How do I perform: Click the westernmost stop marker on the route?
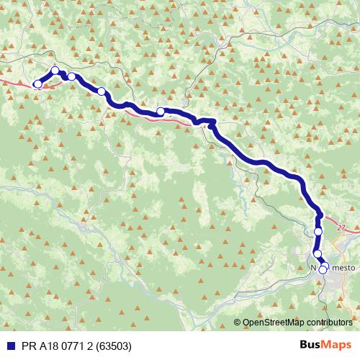click(37, 84)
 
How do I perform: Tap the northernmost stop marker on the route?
click(55, 71)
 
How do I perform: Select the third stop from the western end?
click(72, 76)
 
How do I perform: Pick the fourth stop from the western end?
click(102, 91)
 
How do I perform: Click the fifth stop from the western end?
click(161, 112)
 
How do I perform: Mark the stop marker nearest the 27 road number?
click(318, 232)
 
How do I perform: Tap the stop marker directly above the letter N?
click(318, 254)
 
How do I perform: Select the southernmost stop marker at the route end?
click(323, 271)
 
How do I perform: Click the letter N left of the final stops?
click(314, 266)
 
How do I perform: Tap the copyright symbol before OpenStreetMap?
click(238, 323)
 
